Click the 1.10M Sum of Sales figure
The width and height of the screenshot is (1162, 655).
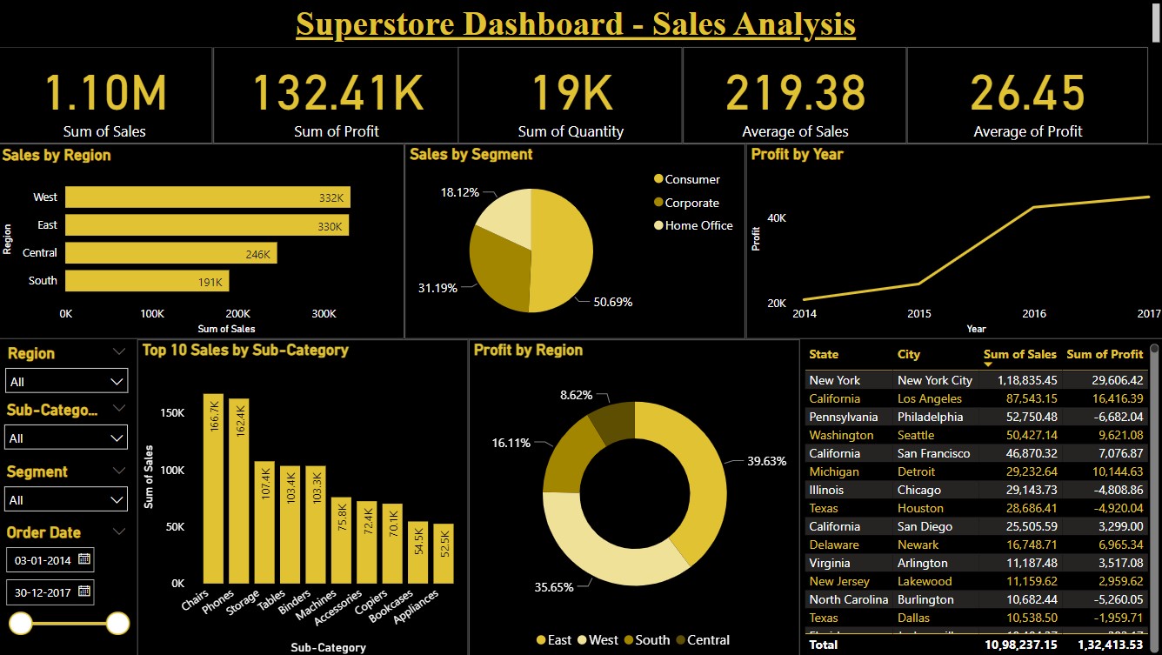105,93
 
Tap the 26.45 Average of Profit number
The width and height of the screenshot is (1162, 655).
1027,93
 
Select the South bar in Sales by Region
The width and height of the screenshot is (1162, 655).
147,281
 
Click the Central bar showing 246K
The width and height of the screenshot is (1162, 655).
170,253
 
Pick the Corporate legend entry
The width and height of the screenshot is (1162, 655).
691,203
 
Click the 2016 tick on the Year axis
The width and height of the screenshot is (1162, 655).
1034,313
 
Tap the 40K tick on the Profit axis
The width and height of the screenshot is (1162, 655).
775,217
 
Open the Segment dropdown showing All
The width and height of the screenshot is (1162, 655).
67,500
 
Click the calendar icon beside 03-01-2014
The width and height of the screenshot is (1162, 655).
84,558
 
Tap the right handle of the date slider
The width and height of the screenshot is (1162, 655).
117,623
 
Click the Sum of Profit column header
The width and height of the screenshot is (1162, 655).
1105,354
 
